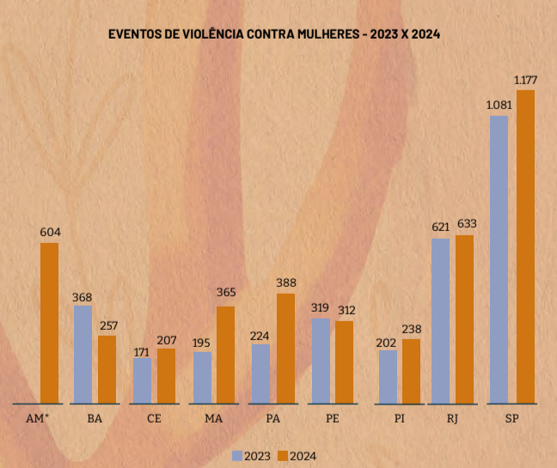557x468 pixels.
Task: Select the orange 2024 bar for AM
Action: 49,323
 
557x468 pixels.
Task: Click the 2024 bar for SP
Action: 524,246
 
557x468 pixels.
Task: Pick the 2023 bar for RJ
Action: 440,320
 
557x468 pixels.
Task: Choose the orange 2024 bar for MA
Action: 225,354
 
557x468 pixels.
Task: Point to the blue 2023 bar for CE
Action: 142,380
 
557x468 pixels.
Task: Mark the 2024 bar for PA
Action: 285,348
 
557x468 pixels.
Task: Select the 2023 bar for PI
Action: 388,376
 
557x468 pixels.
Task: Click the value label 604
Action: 50,232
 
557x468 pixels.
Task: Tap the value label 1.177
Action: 525,80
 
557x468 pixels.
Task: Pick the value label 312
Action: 346,310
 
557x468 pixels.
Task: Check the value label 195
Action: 202,342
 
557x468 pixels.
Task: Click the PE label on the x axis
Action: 332,419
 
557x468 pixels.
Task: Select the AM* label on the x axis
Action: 38,419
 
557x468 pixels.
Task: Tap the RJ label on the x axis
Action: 452,419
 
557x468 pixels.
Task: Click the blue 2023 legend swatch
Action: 237,454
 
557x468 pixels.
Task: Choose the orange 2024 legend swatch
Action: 284,454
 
